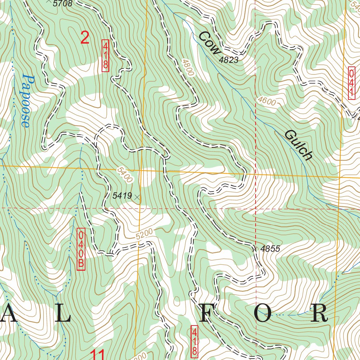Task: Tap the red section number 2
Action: coord(85,38)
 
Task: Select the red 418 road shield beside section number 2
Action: coord(105,56)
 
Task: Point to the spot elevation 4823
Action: coord(229,60)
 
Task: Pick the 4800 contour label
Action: coord(188,67)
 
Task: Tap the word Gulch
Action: coord(298,144)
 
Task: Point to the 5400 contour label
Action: coord(125,175)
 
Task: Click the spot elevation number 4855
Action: coord(270,249)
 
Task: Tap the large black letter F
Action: coord(208,313)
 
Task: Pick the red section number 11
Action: coord(98,354)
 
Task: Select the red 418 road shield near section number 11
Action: coord(194,340)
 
